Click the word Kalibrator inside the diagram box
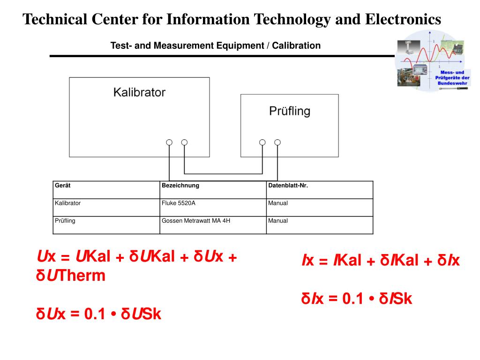(x=139, y=92)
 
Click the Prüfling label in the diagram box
(x=290, y=111)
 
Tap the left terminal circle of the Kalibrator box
(x=169, y=142)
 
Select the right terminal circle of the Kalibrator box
(x=184, y=142)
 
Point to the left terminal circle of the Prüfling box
(x=262, y=142)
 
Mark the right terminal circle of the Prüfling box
(x=277, y=142)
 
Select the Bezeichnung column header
(x=180, y=186)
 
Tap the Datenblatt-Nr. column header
(x=288, y=186)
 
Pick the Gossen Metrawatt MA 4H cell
(x=196, y=221)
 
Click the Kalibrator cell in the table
(x=67, y=203)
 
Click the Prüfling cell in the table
(x=65, y=221)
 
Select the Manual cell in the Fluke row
(x=278, y=203)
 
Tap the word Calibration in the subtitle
(x=296, y=46)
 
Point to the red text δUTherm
(x=71, y=276)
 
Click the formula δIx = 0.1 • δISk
(x=356, y=299)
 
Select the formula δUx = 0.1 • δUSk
(x=98, y=314)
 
